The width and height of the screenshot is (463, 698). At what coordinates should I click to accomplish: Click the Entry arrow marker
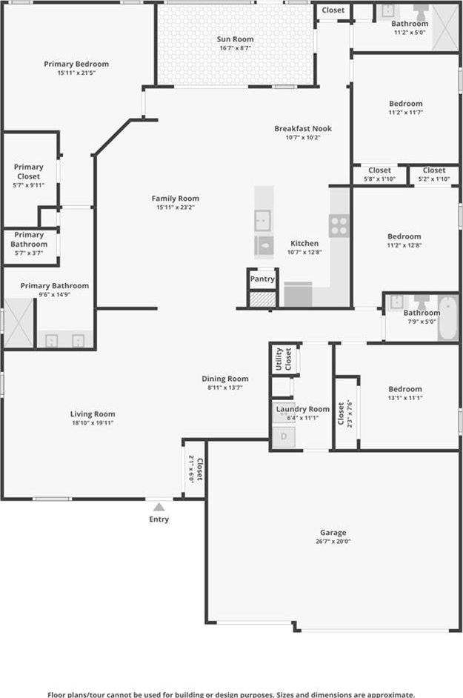(159, 507)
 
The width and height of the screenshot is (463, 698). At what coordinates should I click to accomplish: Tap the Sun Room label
(235, 39)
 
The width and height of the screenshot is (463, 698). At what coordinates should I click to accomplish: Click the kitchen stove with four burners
(339, 226)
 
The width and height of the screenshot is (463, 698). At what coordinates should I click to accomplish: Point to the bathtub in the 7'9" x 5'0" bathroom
(448, 319)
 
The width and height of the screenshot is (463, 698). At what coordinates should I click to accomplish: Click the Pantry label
(262, 279)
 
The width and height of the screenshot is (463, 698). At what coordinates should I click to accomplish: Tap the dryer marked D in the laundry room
(284, 436)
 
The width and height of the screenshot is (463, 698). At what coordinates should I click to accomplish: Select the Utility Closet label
(284, 359)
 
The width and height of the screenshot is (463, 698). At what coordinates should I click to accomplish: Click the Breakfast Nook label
(303, 129)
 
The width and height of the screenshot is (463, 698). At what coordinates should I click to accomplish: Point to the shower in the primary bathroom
(19, 323)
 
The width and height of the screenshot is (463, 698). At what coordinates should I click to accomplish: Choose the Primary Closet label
(28, 171)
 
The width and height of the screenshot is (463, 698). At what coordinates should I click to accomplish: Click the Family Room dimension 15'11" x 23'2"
(175, 207)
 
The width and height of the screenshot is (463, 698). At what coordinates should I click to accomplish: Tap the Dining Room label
(225, 379)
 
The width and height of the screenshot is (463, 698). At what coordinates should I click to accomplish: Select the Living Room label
(93, 414)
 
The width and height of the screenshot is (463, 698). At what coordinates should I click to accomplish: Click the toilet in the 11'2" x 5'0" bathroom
(420, 13)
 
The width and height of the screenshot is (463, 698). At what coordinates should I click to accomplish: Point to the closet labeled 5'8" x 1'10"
(380, 174)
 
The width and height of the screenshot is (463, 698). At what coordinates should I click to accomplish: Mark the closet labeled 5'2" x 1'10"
(434, 174)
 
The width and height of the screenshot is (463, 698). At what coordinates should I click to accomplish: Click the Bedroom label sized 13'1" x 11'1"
(405, 389)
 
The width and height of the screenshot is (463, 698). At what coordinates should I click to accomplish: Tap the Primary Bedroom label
(76, 64)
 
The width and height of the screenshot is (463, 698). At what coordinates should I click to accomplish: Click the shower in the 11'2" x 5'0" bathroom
(445, 27)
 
